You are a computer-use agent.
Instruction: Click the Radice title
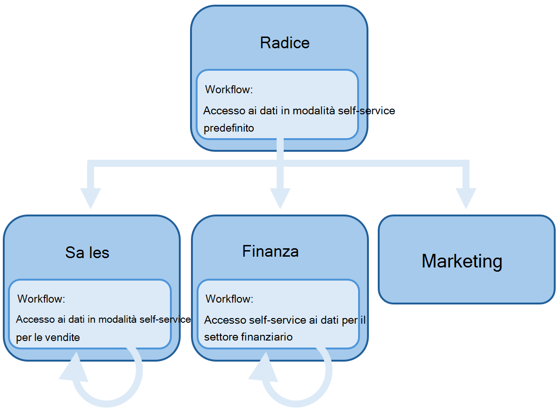285,43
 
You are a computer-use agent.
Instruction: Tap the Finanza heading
270,252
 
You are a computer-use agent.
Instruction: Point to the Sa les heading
87,253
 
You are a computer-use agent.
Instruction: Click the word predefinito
228,128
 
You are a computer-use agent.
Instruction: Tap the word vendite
62,337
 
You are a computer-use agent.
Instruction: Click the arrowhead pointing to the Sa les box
90,197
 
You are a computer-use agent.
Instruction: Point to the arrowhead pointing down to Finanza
280,197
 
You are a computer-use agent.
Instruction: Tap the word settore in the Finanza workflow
220,337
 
